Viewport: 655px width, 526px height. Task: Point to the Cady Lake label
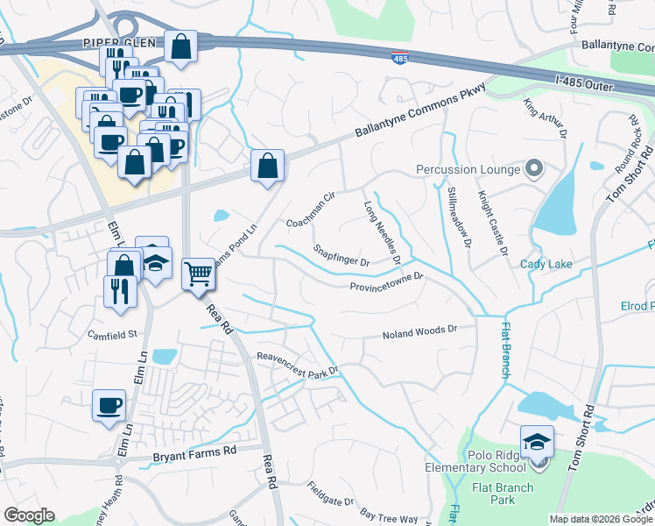tap(545, 264)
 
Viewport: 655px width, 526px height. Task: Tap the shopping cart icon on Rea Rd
tap(199, 274)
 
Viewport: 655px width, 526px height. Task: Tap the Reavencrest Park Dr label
tap(297, 362)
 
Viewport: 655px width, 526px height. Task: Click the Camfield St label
tap(113, 334)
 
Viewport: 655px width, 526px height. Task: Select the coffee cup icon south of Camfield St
tap(109, 405)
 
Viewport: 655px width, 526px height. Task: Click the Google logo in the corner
tap(30, 515)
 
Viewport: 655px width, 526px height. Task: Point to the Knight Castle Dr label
tap(490, 224)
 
